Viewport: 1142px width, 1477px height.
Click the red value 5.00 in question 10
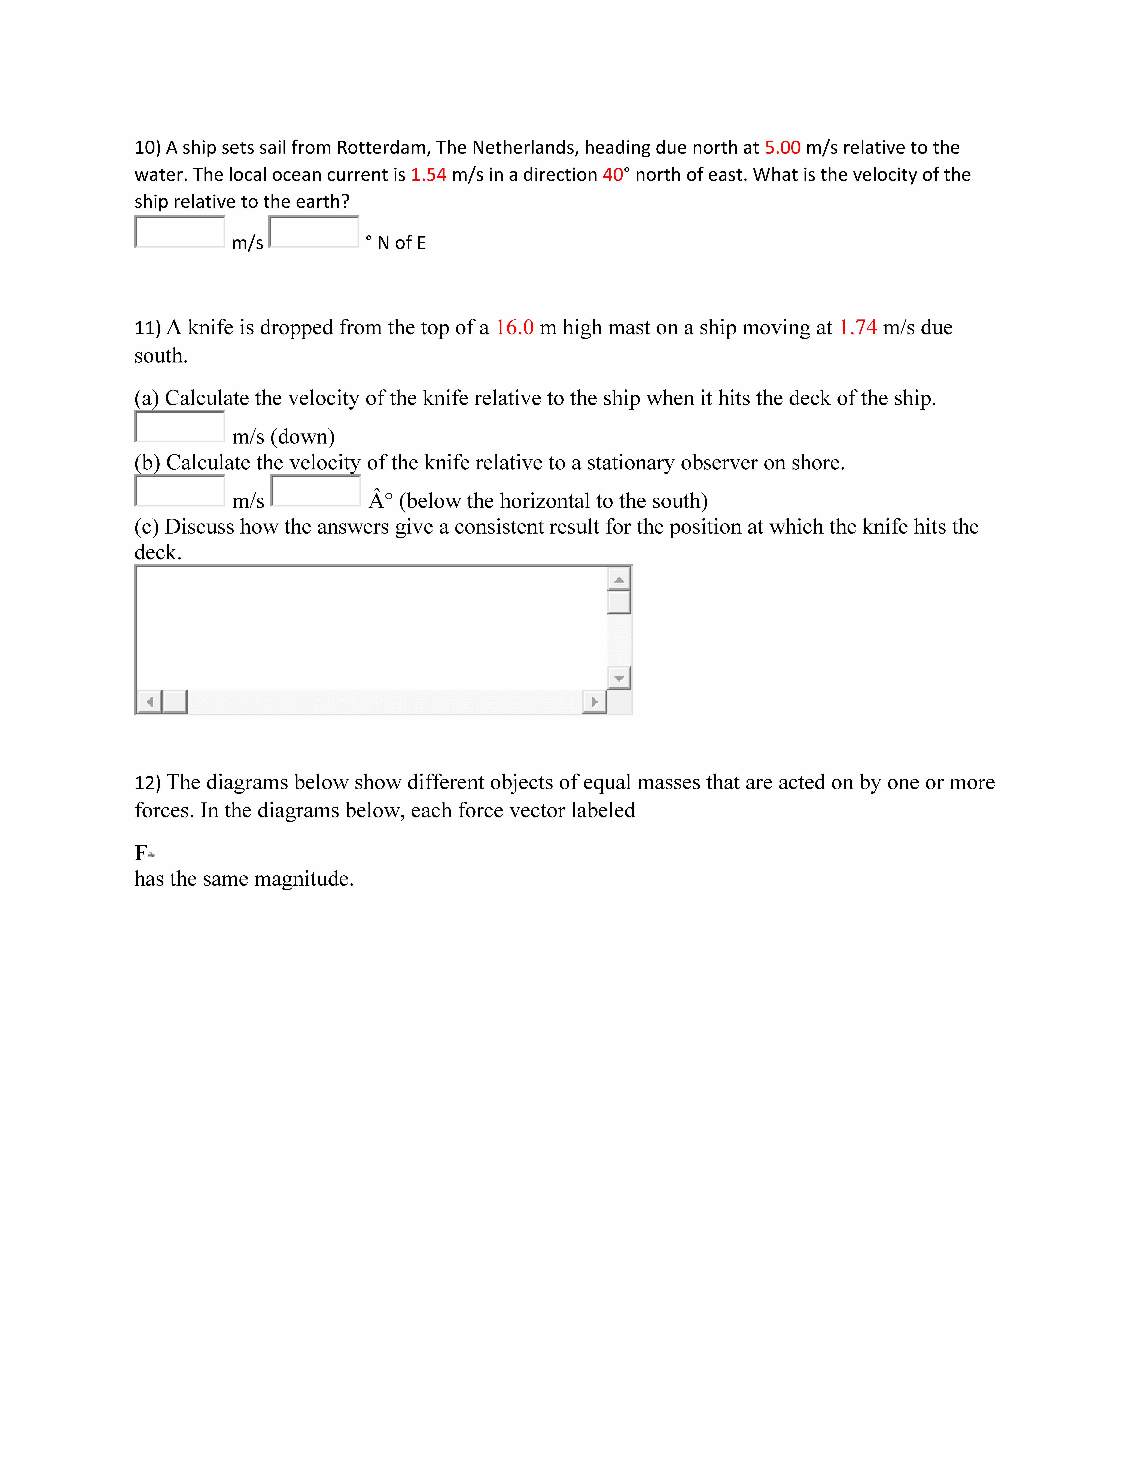tap(782, 147)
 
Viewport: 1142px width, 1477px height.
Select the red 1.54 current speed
tap(428, 174)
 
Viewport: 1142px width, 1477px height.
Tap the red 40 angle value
tap(612, 174)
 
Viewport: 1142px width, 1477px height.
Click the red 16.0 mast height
tap(514, 327)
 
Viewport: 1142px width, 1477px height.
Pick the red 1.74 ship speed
tap(857, 327)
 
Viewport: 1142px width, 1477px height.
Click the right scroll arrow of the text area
tap(594, 702)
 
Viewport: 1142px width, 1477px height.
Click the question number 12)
tap(147, 782)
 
